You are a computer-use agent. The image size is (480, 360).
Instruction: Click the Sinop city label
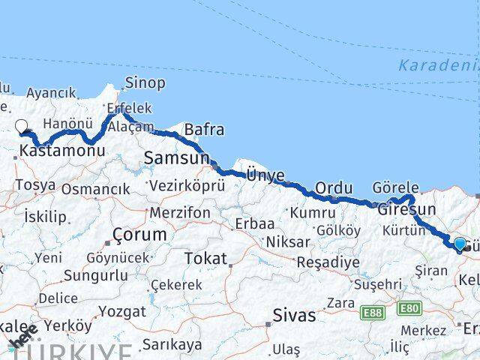145,82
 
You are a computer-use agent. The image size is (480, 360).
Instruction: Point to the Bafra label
204,129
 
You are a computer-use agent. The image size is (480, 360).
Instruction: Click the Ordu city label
334,187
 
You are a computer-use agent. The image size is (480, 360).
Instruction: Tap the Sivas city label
294,315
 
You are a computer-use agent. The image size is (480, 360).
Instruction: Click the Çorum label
139,235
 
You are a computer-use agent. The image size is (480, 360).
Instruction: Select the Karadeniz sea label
439,64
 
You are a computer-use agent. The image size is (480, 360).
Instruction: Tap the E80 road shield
409,308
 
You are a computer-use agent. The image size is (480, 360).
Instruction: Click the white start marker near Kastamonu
22,127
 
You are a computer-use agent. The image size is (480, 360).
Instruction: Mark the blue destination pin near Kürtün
460,242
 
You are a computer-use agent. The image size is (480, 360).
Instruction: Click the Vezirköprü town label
187,185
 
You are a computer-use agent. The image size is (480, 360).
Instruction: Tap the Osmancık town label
95,189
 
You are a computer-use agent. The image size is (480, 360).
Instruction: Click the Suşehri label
377,284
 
